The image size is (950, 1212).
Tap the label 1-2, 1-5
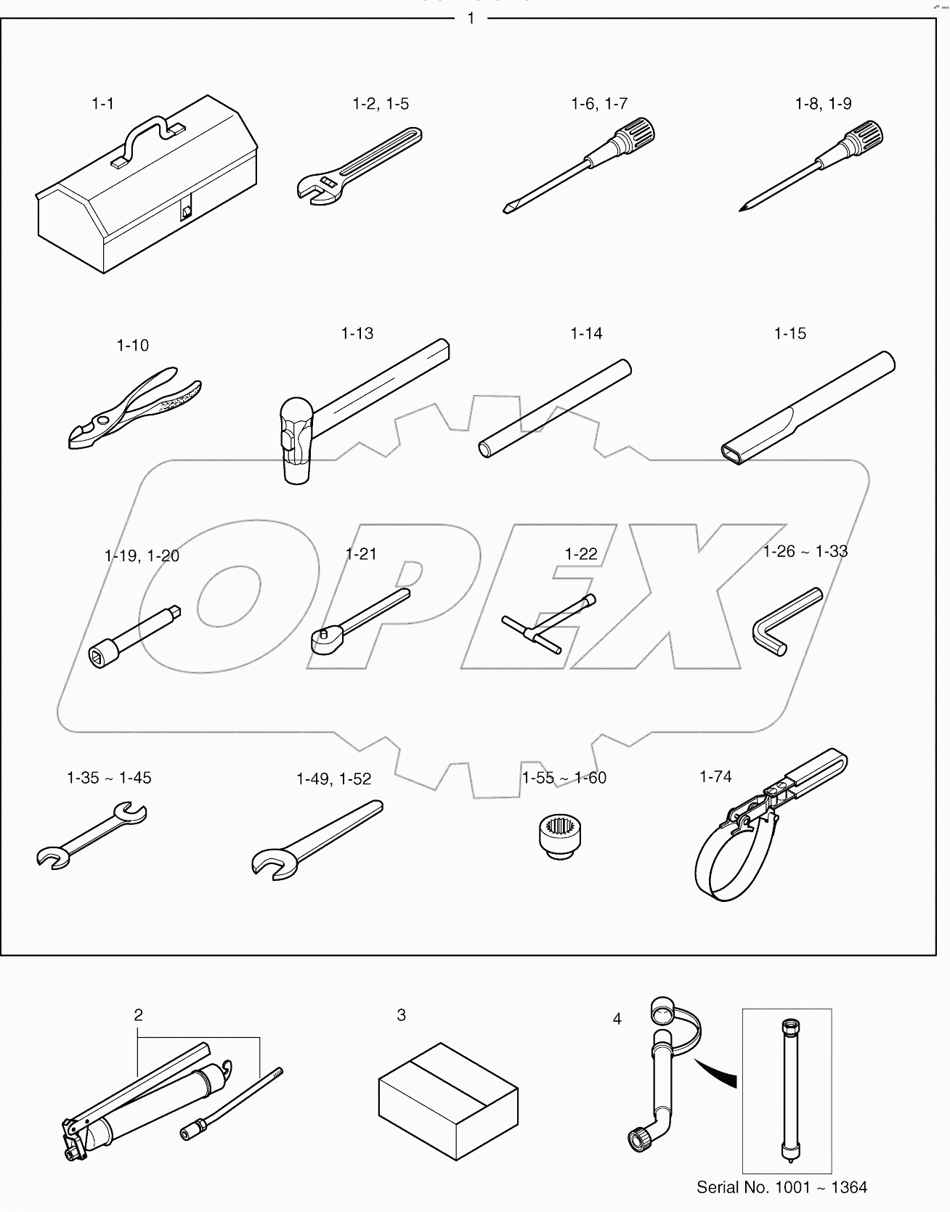(x=381, y=104)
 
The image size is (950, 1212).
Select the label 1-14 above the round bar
(x=586, y=334)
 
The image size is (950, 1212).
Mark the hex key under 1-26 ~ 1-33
(x=781, y=625)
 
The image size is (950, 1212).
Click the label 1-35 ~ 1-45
(x=109, y=778)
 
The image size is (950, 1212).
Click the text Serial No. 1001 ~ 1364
(x=781, y=1187)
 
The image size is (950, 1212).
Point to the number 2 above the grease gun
(x=139, y=1014)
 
